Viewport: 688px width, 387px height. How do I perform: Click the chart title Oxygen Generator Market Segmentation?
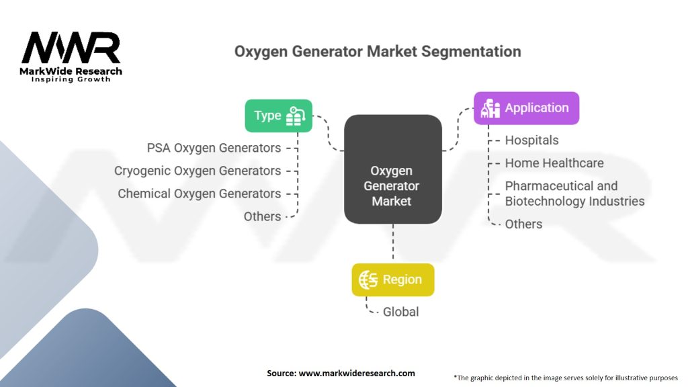coord(377,51)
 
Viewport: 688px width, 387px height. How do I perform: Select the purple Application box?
coord(526,108)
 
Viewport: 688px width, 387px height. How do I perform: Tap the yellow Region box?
coord(393,279)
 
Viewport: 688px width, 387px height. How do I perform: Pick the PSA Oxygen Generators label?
coord(214,147)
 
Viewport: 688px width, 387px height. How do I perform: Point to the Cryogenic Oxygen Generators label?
coord(198,171)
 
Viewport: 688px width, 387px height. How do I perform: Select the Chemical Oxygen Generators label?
coord(200,193)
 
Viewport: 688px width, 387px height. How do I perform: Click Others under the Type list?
coord(262,216)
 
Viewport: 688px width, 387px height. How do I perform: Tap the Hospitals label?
coord(531,140)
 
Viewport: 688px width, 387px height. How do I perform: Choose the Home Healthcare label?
coord(554,163)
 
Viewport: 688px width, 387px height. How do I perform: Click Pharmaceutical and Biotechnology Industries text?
coord(574,193)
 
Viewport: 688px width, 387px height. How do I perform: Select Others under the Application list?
coord(523,224)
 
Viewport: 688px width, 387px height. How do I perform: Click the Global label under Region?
coord(400,312)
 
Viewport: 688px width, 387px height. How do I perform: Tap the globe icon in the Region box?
coord(368,279)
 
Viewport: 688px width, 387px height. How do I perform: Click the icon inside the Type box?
coord(296,116)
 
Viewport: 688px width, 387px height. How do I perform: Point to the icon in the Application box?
coord(490,108)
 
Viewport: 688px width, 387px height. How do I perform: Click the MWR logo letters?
coord(71,48)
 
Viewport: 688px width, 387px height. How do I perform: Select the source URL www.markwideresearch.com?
coord(357,373)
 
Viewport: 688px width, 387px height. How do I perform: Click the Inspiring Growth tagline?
coord(71,79)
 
